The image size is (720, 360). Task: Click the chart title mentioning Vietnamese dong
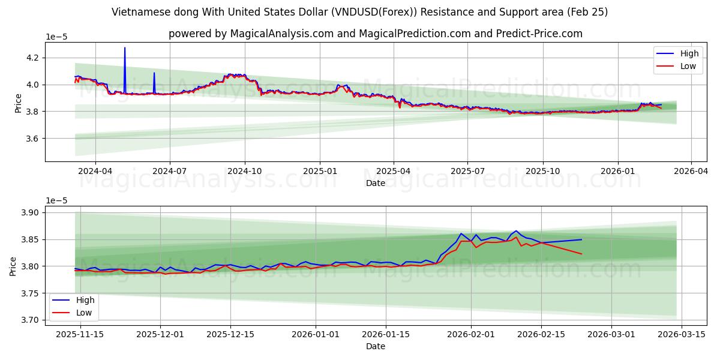(x=359, y=12)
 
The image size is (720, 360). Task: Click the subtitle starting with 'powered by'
(x=375, y=34)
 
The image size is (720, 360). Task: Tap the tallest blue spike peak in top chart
(x=125, y=47)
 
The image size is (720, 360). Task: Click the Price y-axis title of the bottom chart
(x=13, y=266)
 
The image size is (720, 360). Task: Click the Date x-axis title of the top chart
(x=375, y=183)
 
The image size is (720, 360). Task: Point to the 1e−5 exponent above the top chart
(x=57, y=37)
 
